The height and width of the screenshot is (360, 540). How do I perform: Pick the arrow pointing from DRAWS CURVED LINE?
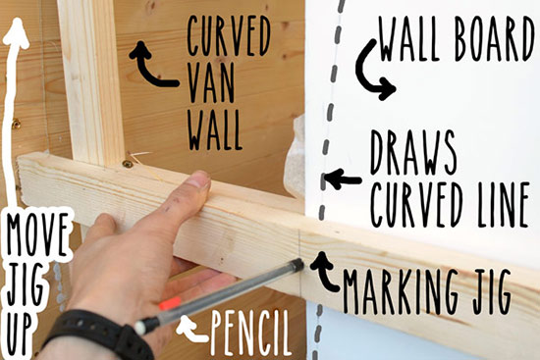pos(343,179)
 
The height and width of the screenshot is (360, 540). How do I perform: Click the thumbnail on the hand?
pos(199,180)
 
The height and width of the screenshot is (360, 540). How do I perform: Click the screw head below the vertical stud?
pos(128,163)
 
